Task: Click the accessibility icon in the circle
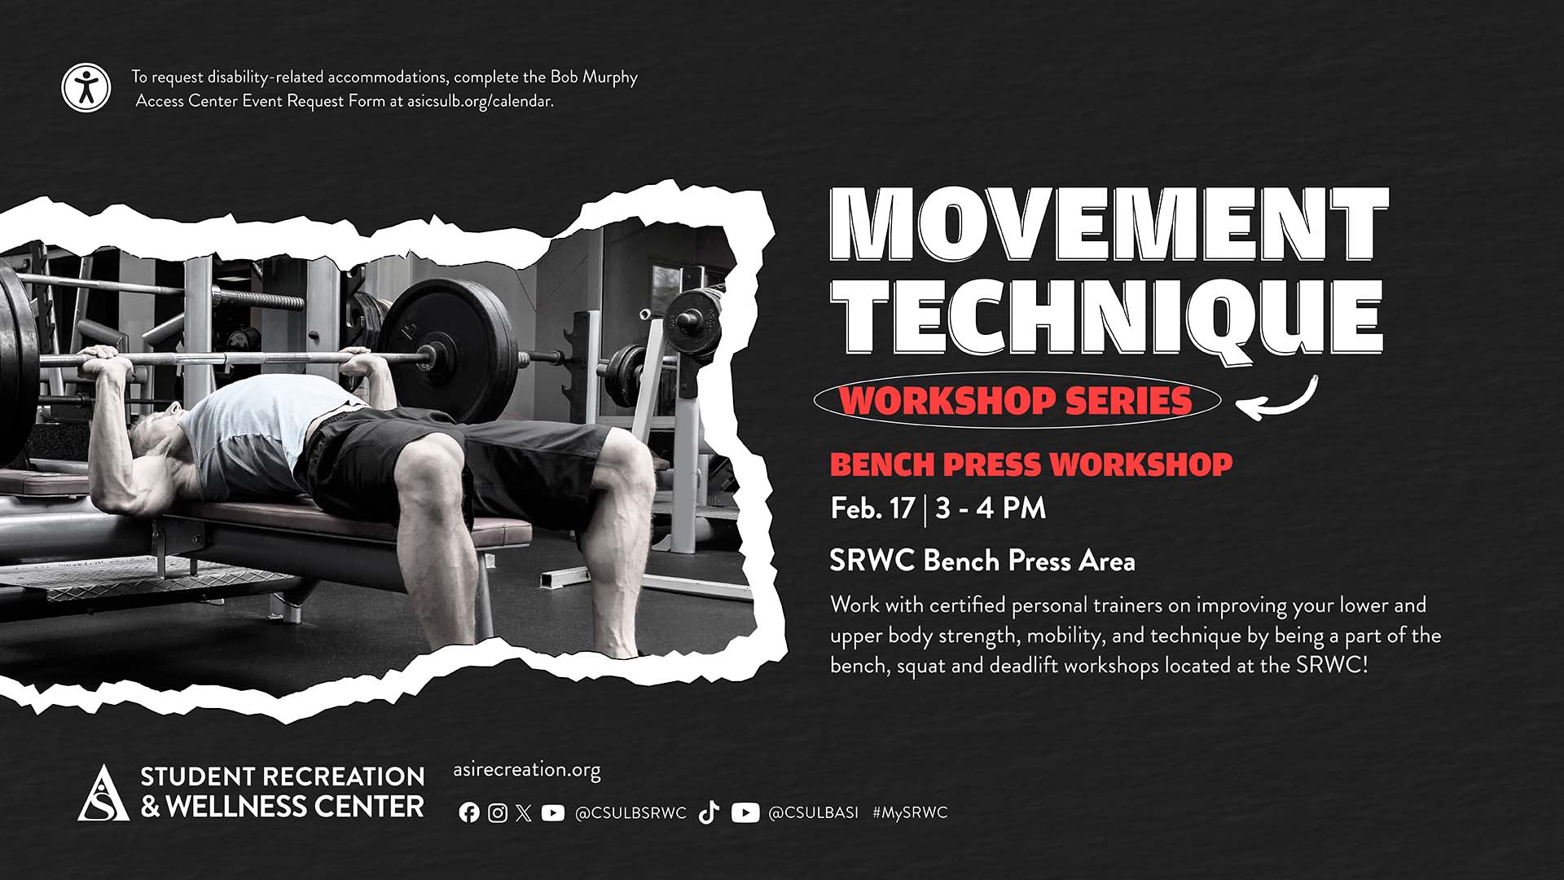point(86,88)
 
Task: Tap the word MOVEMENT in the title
point(1109,225)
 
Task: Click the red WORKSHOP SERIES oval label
point(1017,400)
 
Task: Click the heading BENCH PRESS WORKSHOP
point(1031,464)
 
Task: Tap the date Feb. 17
point(872,508)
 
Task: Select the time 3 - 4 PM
point(991,508)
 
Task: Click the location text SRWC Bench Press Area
point(982,561)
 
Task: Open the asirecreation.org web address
point(526,770)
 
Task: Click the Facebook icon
point(469,812)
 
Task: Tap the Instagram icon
point(498,812)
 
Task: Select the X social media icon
point(524,812)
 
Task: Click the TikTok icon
point(709,812)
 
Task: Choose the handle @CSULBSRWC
point(630,813)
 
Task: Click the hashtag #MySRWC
point(910,813)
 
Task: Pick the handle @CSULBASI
point(813,813)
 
